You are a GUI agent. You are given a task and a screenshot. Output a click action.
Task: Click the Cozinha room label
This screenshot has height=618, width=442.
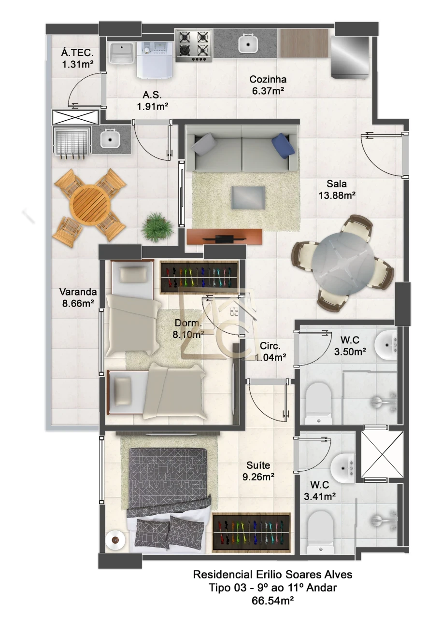click(268, 79)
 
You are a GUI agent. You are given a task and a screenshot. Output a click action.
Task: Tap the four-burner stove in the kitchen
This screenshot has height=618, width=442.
click(194, 46)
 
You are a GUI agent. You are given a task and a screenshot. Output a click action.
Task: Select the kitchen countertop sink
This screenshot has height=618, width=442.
click(248, 43)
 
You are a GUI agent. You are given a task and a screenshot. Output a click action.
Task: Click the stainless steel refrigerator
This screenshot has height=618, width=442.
click(350, 57)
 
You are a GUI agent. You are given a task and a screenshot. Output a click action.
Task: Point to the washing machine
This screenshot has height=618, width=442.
click(155, 59)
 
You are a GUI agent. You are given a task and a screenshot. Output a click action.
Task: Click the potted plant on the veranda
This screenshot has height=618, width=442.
click(157, 227)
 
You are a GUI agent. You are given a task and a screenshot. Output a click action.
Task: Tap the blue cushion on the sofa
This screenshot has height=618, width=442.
click(283, 146)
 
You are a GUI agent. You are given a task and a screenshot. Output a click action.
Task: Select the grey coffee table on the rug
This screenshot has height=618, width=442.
click(248, 197)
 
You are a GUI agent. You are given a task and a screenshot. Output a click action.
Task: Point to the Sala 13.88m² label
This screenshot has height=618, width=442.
click(337, 189)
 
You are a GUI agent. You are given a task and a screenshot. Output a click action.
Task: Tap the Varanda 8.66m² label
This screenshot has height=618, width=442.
click(78, 297)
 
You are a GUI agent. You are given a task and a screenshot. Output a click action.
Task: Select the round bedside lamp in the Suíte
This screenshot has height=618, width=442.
click(115, 539)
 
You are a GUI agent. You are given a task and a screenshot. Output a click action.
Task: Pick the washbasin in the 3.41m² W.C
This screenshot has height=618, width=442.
click(342, 468)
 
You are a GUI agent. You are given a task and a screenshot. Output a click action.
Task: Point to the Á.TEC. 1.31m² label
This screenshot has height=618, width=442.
click(78, 58)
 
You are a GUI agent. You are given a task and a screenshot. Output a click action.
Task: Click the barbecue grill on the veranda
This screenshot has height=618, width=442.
click(72, 142)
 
